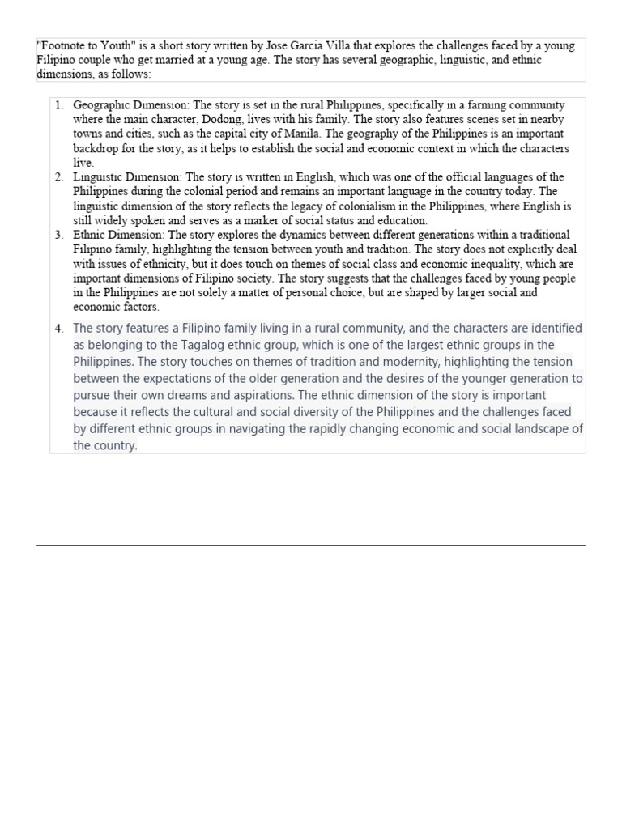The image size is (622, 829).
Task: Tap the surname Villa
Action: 328,46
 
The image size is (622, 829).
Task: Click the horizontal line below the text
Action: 310,545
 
